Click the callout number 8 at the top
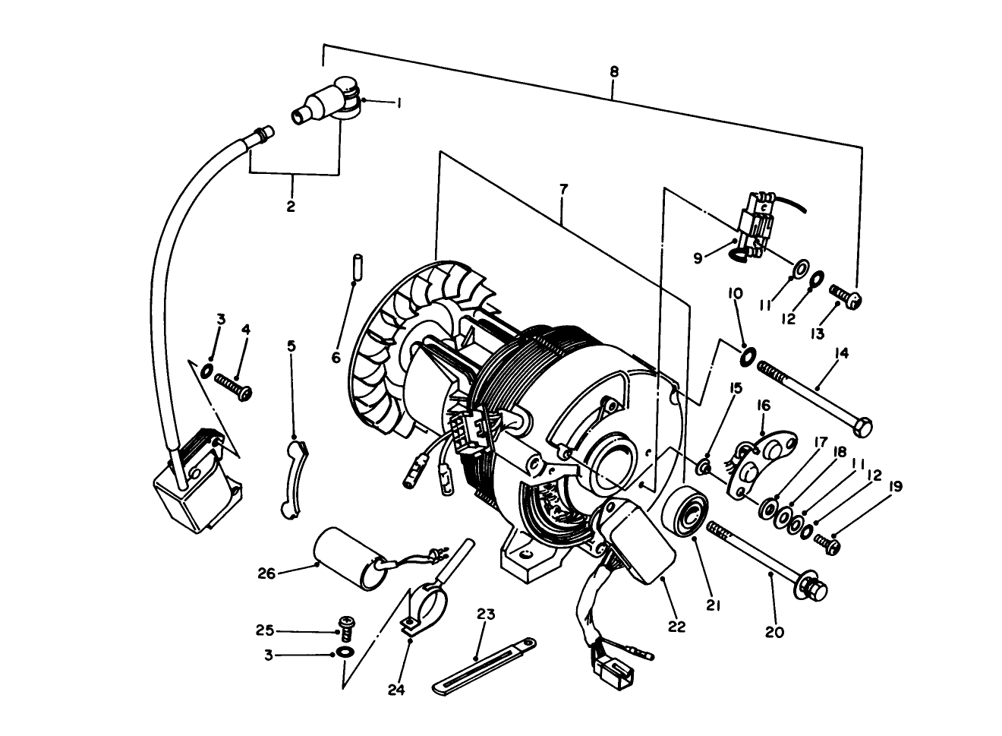pos(614,71)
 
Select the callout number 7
pos(562,189)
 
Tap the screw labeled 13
pos(842,295)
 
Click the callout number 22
pos(676,627)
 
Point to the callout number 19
pos(895,487)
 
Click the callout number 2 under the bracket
pos(291,206)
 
